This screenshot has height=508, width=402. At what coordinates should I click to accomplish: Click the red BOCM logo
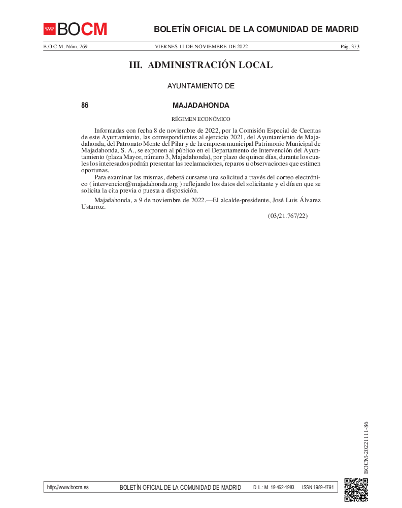pyautogui.click(x=75, y=29)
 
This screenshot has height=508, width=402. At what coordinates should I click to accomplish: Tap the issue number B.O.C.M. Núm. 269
pyautogui.click(x=65, y=47)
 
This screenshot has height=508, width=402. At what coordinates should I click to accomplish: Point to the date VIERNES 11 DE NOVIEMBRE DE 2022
pyautogui.click(x=201, y=47)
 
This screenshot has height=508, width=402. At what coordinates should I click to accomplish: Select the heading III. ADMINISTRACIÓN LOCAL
pyautogui.click(x=201, y=65)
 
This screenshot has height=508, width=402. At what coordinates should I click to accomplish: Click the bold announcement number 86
pyautogui.click(x=85, y=106)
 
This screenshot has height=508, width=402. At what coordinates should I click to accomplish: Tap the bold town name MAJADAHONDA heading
pyautogui.click(x=201, y=106)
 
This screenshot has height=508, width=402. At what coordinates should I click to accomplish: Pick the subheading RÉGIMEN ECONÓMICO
pyautogui.click(x=201, y=119)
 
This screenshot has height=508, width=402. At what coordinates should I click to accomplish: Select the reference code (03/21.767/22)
pyautogui.click(x=288, y=216)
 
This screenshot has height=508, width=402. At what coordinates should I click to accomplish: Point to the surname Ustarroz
pyautogui.click(x=93, y=207)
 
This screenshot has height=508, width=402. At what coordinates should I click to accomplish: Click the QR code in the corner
pyautogui.click(x=356, y=490)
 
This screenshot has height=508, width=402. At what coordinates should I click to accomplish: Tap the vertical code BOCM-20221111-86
pyautogui.click(x=366, y=447)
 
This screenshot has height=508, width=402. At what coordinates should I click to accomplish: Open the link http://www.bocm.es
pyautogui.click(x=68, y=487)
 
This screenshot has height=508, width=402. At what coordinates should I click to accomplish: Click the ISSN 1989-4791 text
pyautogui.click(x=318, y=487)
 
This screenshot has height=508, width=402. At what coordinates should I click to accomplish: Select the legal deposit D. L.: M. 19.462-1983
pyautogui.click(x=274, y=487)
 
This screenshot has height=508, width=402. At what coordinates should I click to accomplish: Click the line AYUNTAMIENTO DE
pyautogui.click(x=201, y=86)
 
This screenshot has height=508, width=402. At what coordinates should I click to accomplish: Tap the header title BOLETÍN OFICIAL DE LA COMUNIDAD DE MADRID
pyautogui.click(x=256, y=29)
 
